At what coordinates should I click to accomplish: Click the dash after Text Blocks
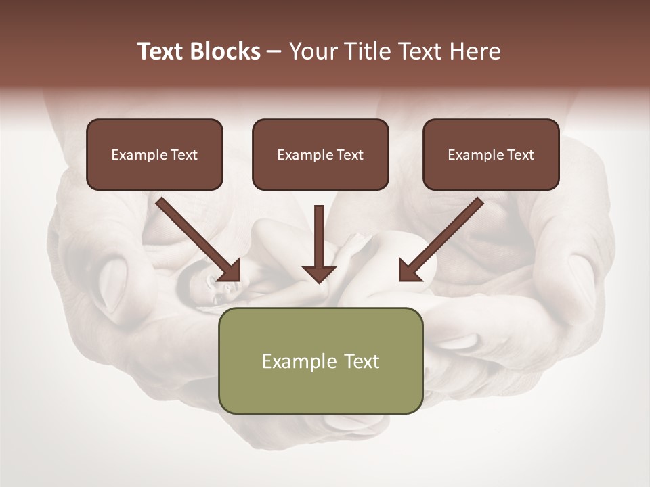[x=274, y=52]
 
